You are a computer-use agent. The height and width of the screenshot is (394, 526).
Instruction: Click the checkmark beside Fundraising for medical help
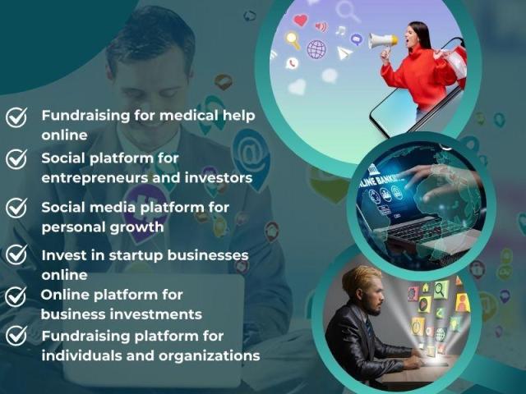click(x=16, y=117)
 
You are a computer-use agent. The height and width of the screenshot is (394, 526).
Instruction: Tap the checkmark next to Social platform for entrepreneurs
click(x=16, y=158)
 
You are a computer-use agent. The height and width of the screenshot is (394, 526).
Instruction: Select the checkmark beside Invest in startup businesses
click(x=16, y=254)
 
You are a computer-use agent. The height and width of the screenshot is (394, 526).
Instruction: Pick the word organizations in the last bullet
click(x=210, y=356)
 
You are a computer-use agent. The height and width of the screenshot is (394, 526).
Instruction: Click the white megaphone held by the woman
click(x=383, y=42)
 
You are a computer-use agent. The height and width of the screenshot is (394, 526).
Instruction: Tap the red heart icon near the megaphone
click(x=300, y=20)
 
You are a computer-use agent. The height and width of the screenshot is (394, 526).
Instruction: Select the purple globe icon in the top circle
click(x=316, y=49)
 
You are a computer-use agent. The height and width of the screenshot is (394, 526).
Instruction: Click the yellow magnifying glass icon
click(x=293, y=40)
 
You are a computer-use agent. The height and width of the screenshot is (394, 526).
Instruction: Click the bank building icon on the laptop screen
click(x=372, y=169)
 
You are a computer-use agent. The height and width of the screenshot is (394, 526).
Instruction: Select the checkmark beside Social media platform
click(x=16, y=208)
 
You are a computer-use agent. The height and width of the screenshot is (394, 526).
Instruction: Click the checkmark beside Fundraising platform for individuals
click(x=16, y=336)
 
